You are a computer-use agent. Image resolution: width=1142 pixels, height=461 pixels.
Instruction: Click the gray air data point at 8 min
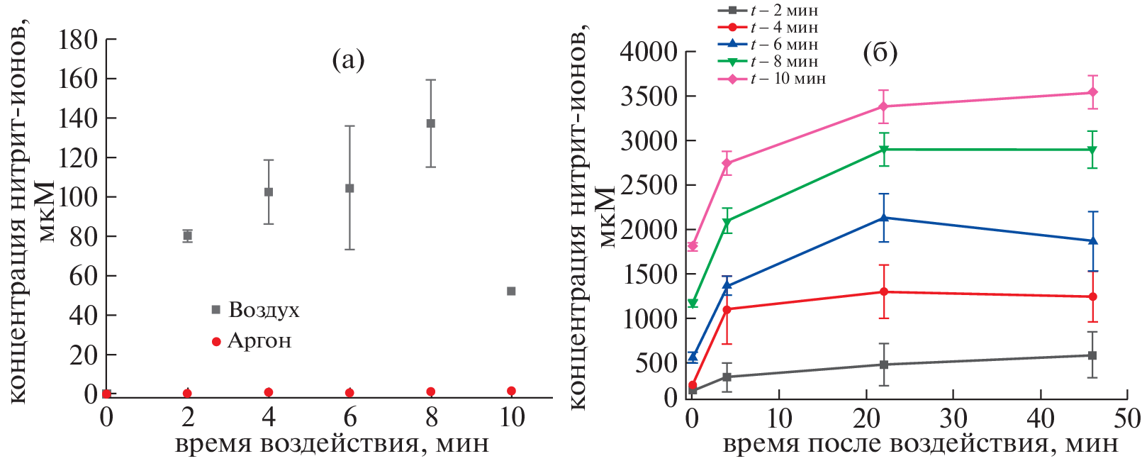pyautogui.click(x=430, y=123)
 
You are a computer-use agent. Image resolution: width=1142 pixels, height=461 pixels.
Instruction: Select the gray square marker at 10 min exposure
pyautogui.click(x=511, y=291)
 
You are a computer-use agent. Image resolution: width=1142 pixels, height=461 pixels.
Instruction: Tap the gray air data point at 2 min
pyautogui.click(x=187, y=235)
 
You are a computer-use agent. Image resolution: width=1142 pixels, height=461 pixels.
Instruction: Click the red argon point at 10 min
pyautogui.click(x=511, y=391)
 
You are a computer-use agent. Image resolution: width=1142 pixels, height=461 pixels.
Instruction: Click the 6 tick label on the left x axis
pyautogui.click(x=349, y=417)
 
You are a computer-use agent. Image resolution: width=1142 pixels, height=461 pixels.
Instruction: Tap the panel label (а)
pyautogui.click(x=348, y=60)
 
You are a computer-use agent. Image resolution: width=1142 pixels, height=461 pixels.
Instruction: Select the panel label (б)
pyautogui.click(x=880, y=52)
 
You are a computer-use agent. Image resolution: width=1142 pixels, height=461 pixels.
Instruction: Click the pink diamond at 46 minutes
pyautogui.click(x=1092, y=92)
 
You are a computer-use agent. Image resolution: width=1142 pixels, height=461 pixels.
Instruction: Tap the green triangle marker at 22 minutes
pyautogui.click(x=884, y=149)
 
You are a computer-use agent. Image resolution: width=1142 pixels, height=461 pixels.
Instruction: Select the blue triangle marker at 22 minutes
pyautogui.click(x=884, y=218)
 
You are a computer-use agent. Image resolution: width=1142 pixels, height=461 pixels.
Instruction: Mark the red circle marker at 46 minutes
pyautogui.click(x=1092, y=296)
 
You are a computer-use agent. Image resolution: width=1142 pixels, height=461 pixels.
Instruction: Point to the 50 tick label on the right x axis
pyautogui.click(x=1126, y=418)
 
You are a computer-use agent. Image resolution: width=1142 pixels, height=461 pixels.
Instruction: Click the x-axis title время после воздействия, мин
pyautogui.click(x=920, y=445)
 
